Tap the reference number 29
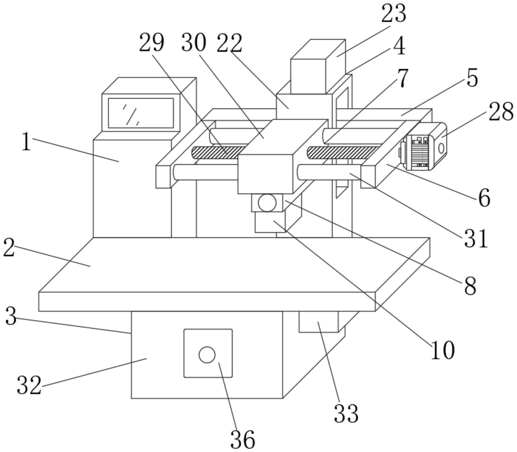tap(151, 43)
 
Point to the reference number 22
tap(229, 43)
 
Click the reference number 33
tap(346, 413)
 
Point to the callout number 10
tap(443, 350)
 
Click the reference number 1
tap(26, 142)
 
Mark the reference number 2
tap(9, 248)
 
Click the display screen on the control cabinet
tap(141, 113)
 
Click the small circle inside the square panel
tap(207, 355)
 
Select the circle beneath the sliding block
tap(267, 203)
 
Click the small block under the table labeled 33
tap(318, 322)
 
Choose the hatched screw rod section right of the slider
tap(344, 153)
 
